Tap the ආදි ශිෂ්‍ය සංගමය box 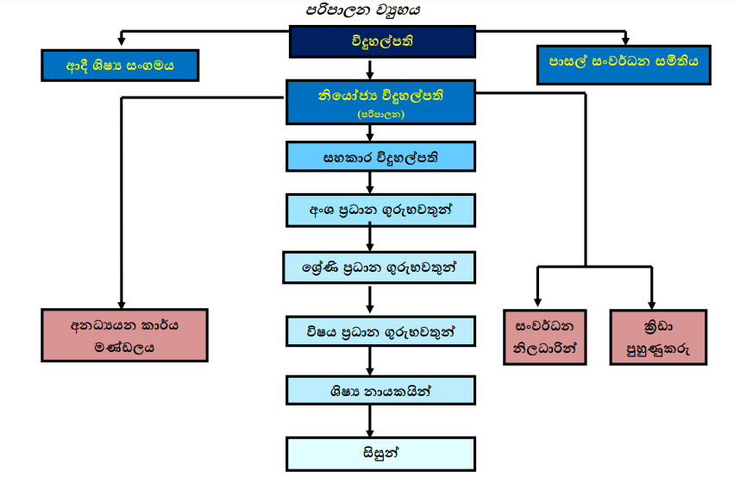[x=120, y=66]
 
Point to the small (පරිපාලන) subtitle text [x=371, y=113]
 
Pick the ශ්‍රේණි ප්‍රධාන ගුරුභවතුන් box [x=380, y=267]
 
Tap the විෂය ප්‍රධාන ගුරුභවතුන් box [x=380, y=331]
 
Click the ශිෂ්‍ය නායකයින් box [x=380, y=390]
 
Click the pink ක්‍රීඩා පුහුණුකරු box [x=657, y=336]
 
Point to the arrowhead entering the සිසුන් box [x=371, y=432]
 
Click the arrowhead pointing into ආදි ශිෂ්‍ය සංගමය [x=122, y=44]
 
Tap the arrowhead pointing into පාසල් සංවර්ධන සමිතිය [x=626, y=41]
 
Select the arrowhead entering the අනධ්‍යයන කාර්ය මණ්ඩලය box [x=122, y=304]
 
